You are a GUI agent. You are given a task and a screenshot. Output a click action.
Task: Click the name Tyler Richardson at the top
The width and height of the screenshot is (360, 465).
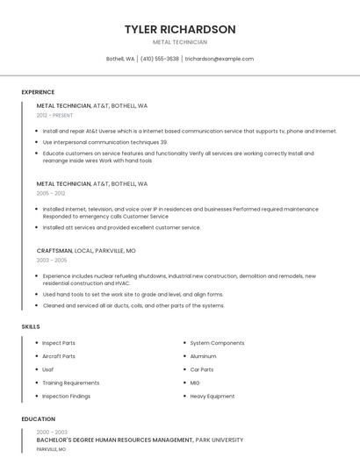click(180, 29)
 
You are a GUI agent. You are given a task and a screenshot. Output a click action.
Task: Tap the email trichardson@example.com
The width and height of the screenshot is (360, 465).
click(219, 59)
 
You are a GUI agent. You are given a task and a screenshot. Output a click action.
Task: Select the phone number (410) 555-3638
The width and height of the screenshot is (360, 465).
click(160, 59)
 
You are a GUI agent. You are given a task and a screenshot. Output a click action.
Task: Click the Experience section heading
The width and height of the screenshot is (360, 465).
click(38, 92)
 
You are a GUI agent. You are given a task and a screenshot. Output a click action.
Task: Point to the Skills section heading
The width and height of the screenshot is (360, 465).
click(31, 326)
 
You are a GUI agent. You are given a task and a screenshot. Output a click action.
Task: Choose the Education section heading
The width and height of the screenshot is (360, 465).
click(39, 419)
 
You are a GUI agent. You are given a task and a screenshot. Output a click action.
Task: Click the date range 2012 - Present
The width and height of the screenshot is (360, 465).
click(54, 115)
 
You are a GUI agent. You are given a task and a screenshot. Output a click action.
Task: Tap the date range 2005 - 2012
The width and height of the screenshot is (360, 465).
click(51, 193)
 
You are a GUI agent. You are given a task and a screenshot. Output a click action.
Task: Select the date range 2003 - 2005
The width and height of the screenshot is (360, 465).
click(51, 260)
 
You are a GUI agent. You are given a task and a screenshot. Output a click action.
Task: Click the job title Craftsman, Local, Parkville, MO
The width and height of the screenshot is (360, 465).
click(86, 250)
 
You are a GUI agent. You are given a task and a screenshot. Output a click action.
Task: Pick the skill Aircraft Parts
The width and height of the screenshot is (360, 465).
click(59, 356)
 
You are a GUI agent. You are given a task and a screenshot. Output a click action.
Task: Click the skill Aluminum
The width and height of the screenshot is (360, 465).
click(203, 356)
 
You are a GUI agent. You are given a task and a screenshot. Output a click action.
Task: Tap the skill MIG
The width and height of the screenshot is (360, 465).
click(195, 383)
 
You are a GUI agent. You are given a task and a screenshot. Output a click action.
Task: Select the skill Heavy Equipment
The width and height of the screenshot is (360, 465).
click(212, 396)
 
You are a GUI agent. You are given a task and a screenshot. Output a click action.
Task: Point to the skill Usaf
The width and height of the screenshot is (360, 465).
click(48, 369)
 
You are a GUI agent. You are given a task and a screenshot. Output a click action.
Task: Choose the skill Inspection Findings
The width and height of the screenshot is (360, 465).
click(66, 396)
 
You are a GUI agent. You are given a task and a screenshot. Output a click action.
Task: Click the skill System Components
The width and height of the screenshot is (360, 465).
click(217, 343)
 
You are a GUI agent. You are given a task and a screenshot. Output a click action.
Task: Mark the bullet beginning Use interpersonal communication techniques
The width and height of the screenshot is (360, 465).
click(104, 142)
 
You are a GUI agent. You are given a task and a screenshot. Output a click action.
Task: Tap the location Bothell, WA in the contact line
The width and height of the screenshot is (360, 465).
click(120, 59)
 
